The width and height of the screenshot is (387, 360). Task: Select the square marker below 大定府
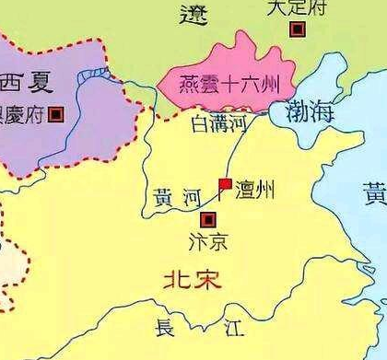[x=298, y=29]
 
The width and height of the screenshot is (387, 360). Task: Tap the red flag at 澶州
[x=224, y=186]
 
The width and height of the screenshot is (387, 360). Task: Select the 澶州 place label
[x=255, y=192]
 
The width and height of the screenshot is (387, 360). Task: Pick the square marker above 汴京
[x=208, y=219]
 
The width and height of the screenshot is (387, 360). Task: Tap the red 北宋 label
[x=193, y=280]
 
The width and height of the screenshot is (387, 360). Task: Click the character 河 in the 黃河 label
[x=191, y=196]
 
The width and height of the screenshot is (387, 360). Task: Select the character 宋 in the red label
[x=210, y=280]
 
